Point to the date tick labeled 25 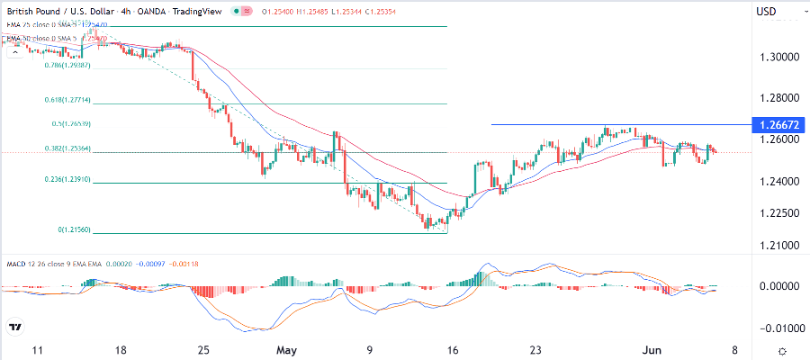coord(205,350)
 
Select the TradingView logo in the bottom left coord(15,328)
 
